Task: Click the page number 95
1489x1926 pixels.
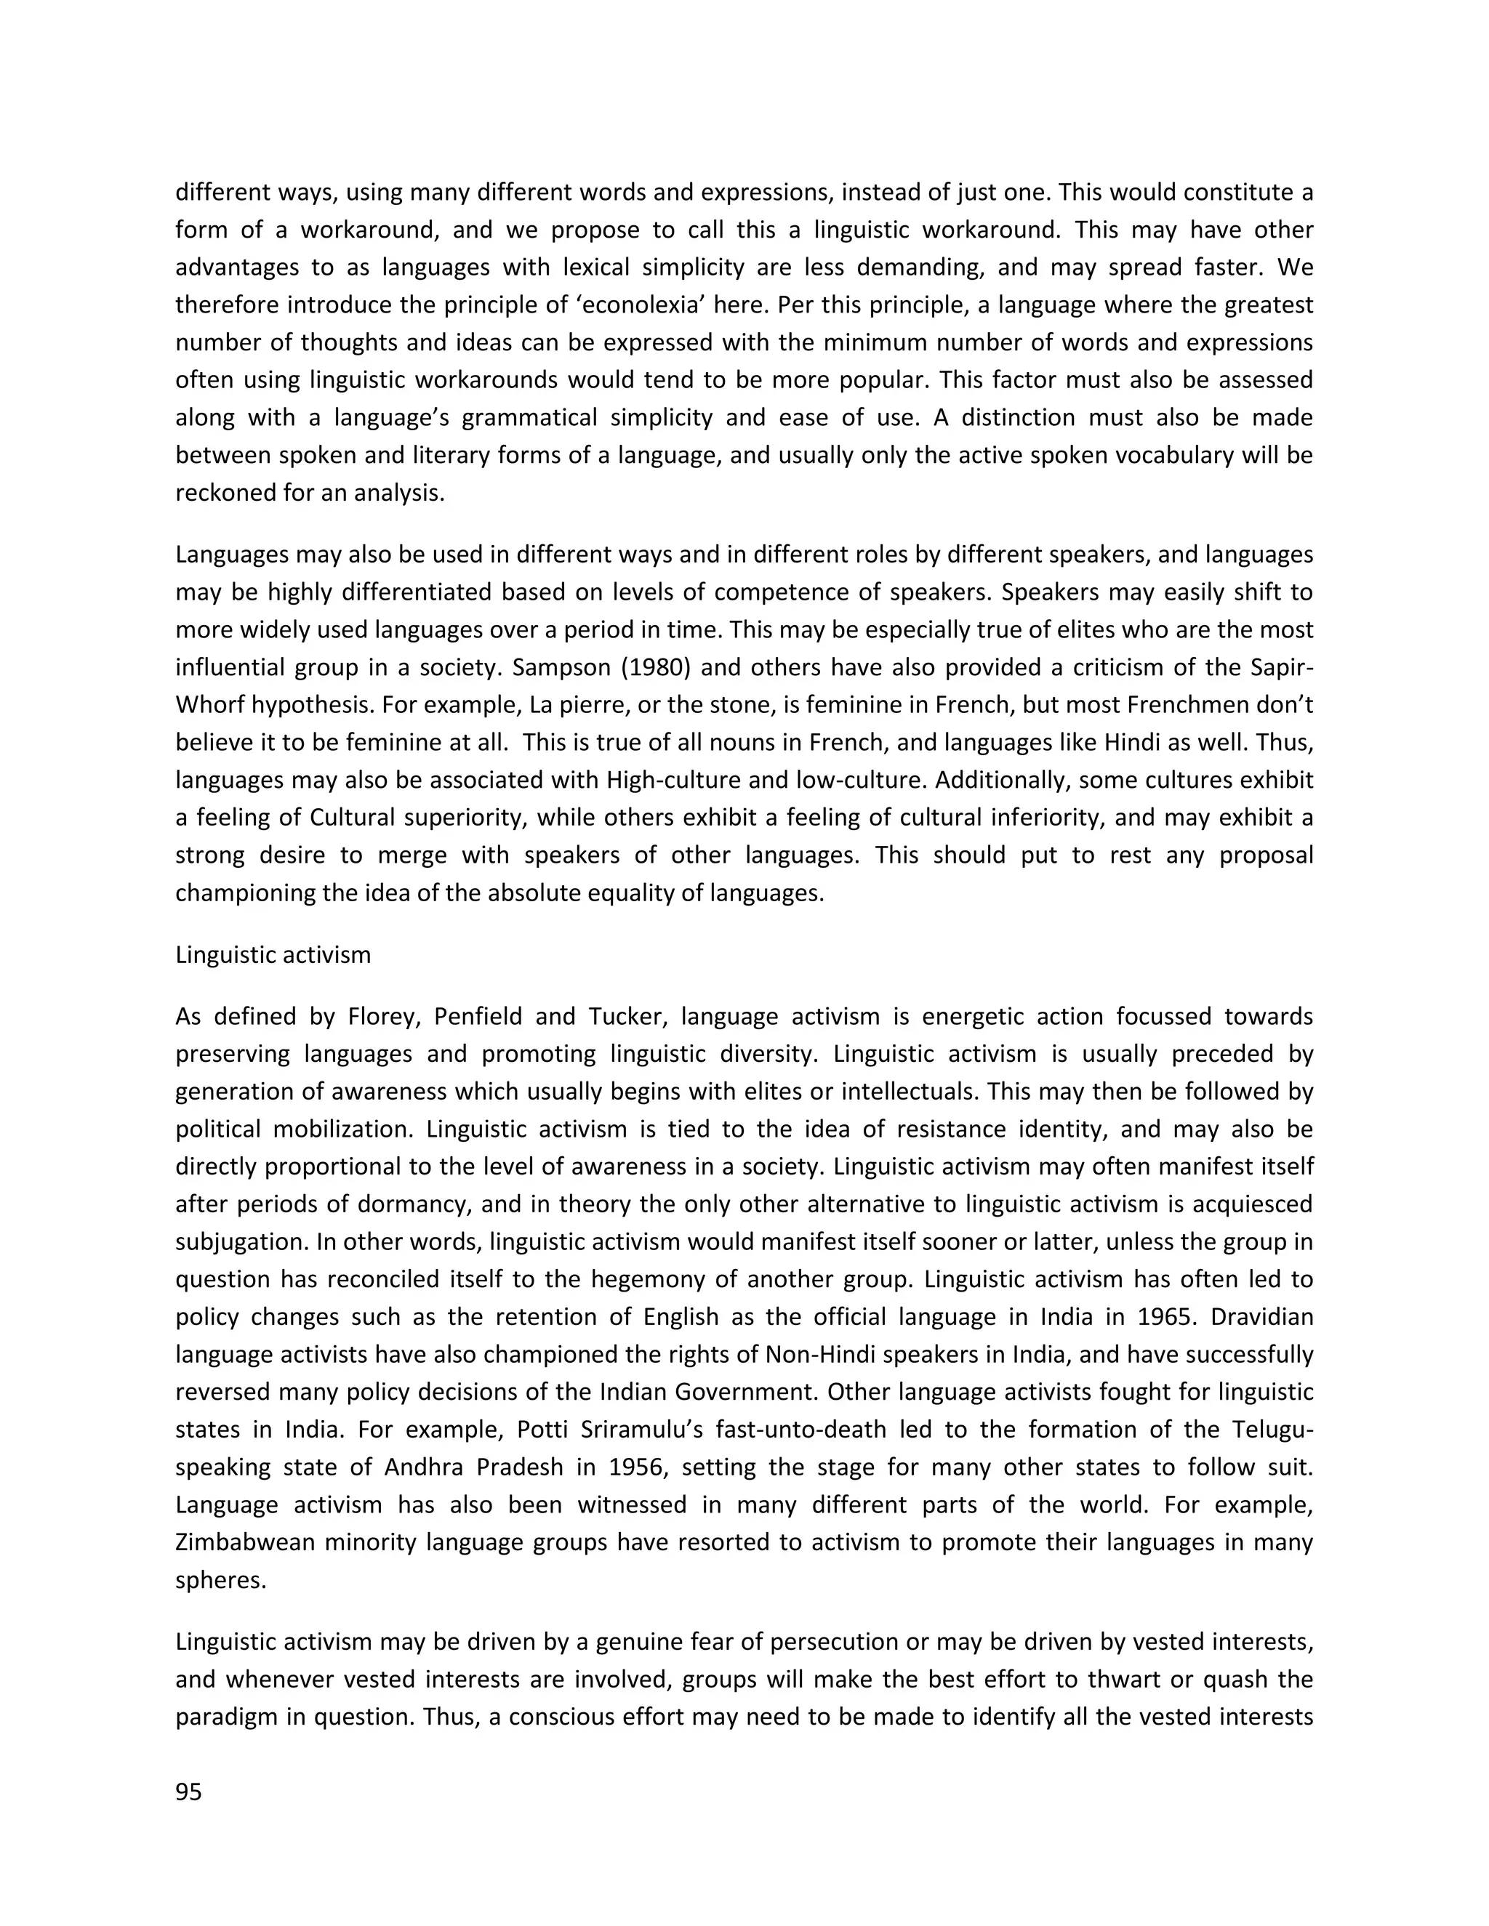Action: (189, 1791)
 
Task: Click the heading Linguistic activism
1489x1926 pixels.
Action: (273, 954)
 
